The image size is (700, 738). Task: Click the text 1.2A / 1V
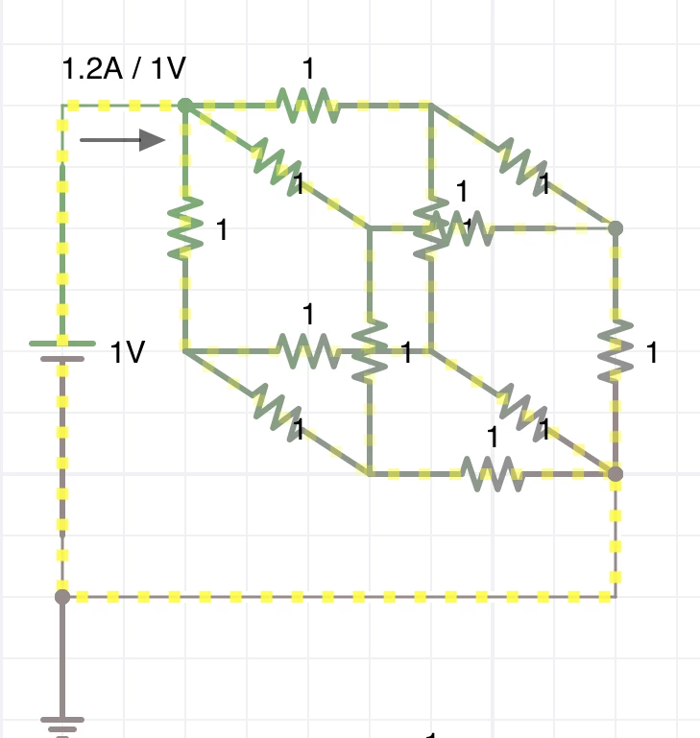(x=124, y=68)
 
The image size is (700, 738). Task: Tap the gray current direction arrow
(x=123, y=140)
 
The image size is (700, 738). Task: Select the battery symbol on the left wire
(x=62, y=350)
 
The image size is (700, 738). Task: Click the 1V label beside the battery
(x=128, y=353)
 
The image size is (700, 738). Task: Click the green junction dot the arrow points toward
(x=185, y=105)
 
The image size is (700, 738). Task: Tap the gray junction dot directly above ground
(x=62, y=597)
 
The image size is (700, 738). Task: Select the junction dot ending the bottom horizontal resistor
(x=616, y=473)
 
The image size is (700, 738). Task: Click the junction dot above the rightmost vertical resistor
(x=616, y=228)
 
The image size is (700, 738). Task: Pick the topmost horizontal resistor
(x=307, y=105)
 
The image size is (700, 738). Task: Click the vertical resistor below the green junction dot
(x=185, y=228)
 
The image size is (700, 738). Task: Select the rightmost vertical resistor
(x=616, y=351)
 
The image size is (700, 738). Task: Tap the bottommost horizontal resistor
(x=492, y=473)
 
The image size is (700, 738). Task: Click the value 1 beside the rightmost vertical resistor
(x=652, y=353)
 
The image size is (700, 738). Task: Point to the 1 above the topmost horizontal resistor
(x=308, y=69)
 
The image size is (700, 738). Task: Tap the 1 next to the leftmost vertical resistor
(x=222, y=230)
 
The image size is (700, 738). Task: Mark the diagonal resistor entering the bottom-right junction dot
(x=522, y=412)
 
